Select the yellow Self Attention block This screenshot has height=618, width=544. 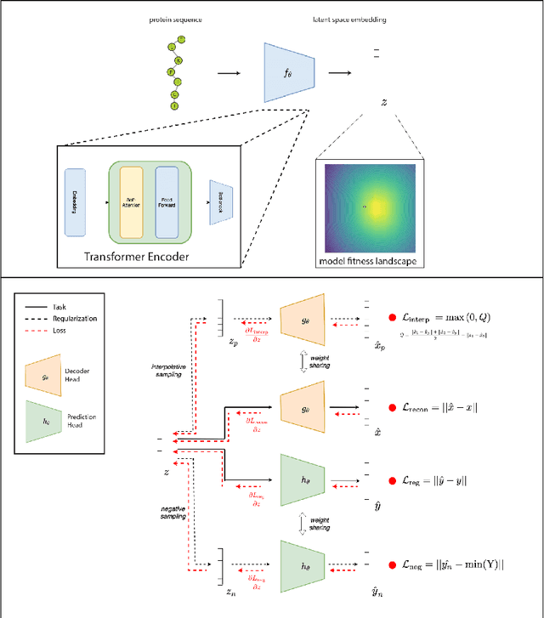pos(130,203)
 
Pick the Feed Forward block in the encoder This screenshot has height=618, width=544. pos(167,203)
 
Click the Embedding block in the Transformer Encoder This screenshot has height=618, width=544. pos(76,203)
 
